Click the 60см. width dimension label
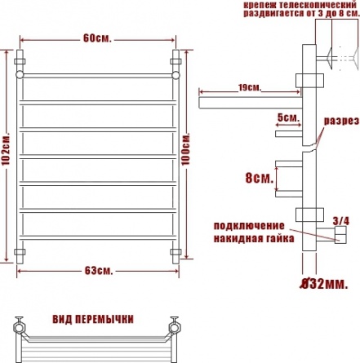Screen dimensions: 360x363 click(97, 38)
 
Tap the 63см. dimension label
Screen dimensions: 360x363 click(98, 271)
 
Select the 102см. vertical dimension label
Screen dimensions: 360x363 click(6, 148)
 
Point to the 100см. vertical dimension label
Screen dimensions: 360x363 click(186, 148)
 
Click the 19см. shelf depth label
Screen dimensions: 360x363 click(249, 87)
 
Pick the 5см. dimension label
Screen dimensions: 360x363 click(288, 117)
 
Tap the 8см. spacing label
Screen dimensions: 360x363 click(259, 178)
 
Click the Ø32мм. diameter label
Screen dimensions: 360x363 click(323, 284)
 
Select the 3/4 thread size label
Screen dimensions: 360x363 click(341, 221)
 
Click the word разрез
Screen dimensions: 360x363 click(341, 121)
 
